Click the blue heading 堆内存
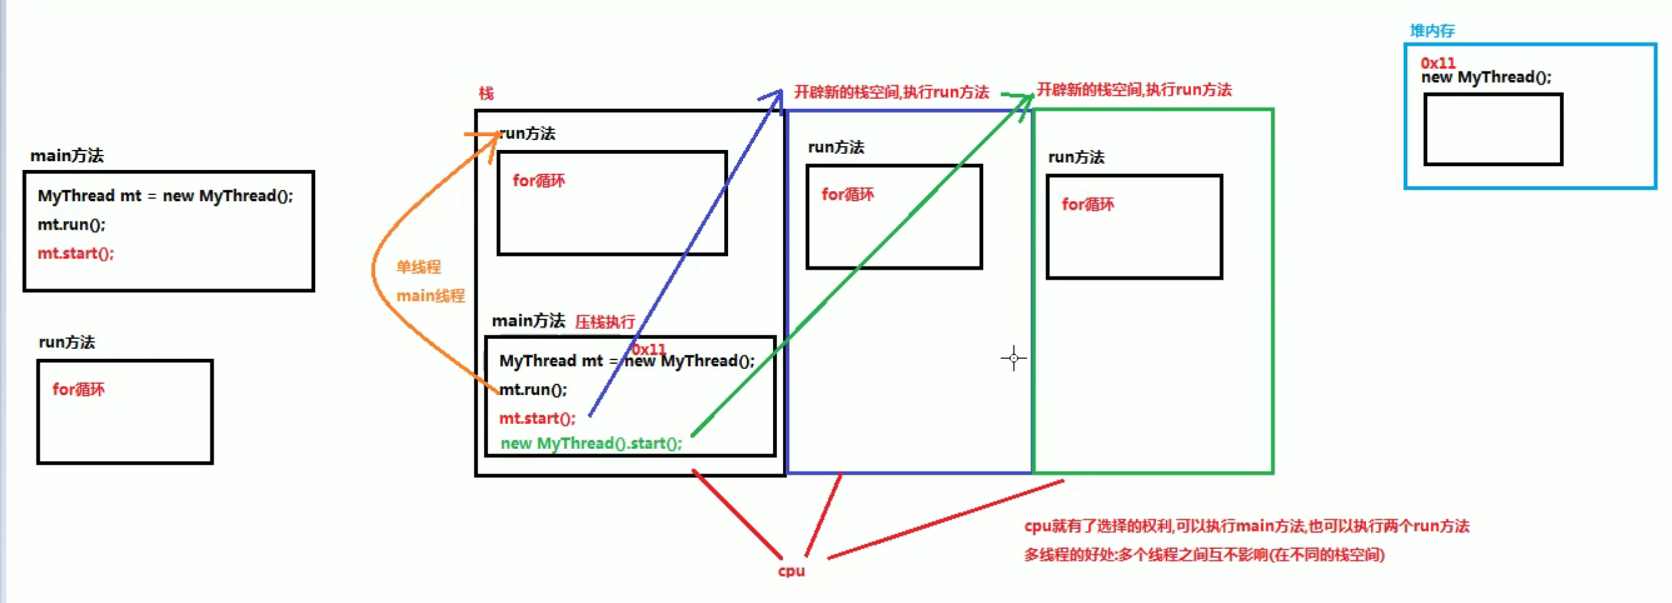[x=1432, y=31]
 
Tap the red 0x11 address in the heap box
[x=1438, y=63]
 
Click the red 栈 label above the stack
[x=486, y=94]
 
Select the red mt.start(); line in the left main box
[x=75, y=253]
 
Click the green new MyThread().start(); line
[x=591, y=443]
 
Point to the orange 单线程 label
[x=418, y=267]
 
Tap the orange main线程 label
[x=430, y=296]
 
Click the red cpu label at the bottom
[x=791, y=571]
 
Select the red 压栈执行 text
[x=604, y=322]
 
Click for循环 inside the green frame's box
[x=1087, y=205]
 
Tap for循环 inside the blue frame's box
[x=847, y=194]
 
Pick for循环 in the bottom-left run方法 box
[x=78, y=390]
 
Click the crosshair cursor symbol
[x=1013, y=359]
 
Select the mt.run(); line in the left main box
[x=71, y=224]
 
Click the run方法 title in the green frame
[x=1076, y=157]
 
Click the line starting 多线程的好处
[x=1204, y=555]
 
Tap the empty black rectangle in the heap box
[x=1493, y=129]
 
